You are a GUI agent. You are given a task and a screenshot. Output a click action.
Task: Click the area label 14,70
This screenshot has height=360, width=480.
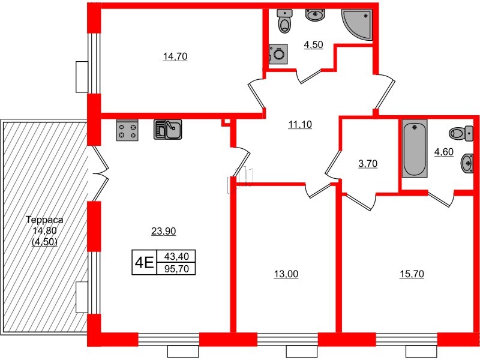(x=173, y=57)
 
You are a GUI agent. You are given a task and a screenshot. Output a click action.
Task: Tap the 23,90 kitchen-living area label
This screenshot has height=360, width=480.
(x=163, y=230)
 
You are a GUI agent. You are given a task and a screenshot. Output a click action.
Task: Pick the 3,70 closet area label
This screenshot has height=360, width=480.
(x=368, y=163)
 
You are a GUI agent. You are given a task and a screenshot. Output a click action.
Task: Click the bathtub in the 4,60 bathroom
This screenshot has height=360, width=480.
(x=415, y=149)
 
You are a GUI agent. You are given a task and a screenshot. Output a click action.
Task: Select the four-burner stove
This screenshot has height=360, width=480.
(x=127, y=130)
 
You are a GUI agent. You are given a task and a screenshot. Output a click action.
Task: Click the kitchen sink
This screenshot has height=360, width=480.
(x=169, y=130)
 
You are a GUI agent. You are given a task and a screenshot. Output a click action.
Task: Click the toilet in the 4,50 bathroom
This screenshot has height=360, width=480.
(x=284, y=22)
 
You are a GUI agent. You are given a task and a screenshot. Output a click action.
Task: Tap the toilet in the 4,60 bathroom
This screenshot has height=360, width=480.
(x=460, y=133)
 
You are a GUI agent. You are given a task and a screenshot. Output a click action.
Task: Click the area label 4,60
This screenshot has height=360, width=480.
(x=443, y=152)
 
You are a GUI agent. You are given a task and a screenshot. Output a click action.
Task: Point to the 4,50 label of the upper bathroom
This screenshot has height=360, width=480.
(x=314, y=44)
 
